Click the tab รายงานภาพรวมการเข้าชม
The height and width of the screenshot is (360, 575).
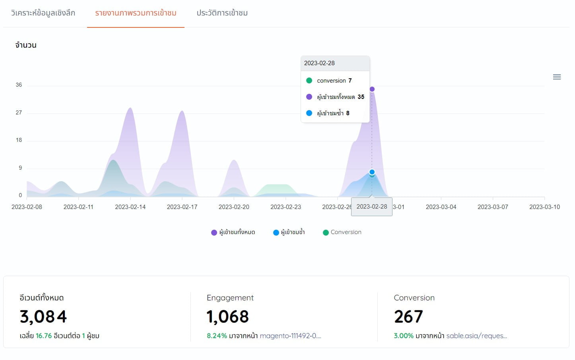point(136,13)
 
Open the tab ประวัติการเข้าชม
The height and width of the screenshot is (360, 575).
point(222,13)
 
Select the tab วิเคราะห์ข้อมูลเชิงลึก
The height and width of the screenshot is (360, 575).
point(43,13)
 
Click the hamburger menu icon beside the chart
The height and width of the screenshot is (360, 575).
point(557,77)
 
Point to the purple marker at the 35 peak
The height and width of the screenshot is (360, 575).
point(372,89)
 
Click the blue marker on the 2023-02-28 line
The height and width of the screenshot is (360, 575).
point(372,172)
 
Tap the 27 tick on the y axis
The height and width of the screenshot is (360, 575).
point(19,113)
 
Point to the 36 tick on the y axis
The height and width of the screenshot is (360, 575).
point(19,85)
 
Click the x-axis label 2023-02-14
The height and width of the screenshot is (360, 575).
point(130,207)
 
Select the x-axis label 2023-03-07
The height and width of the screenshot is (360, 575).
point(493,207)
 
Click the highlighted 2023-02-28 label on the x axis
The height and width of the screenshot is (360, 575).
point(372,207)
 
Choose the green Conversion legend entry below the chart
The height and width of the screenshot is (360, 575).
point(342,232)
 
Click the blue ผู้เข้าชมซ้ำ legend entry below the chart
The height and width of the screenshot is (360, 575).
point(289,232)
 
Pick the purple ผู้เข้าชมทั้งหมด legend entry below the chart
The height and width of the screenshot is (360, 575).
point(233,232)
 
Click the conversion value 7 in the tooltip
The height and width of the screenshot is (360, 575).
point(350,81)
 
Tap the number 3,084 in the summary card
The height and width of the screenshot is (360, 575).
point(43,317)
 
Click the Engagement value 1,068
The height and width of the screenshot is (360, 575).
point(227,317)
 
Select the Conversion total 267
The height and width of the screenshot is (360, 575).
point(408,317)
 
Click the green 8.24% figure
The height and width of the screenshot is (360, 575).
point(217,336)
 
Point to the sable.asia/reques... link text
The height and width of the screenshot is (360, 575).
point(476,336)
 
